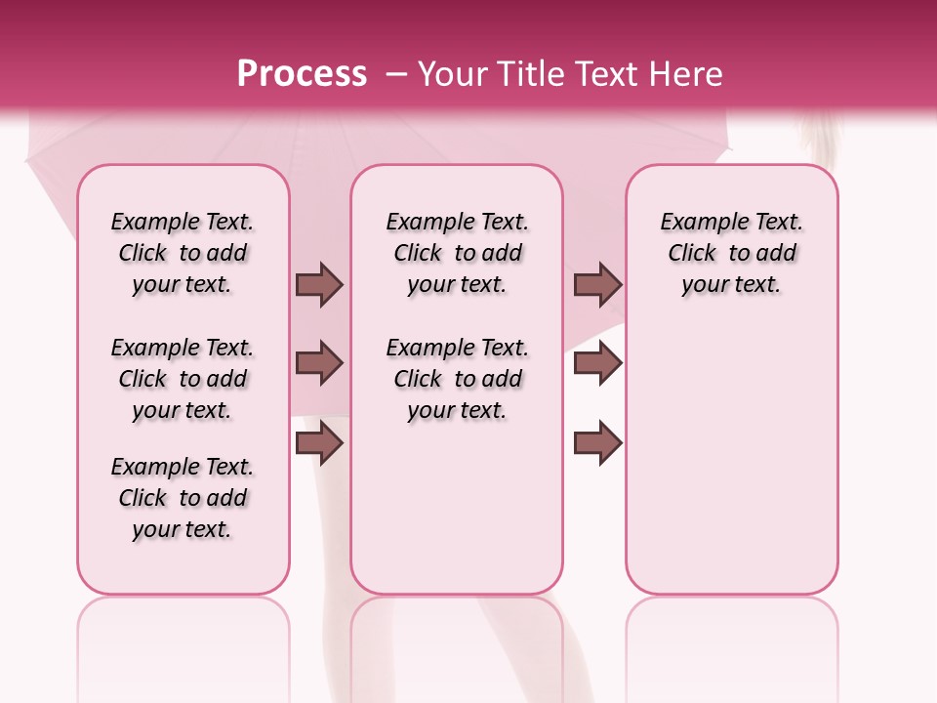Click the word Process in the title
pyautogui.click(x=302, y=74)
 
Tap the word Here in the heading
pyautogui.click(x=687, y=74)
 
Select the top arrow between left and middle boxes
pyautogui.click(x=319, y=284)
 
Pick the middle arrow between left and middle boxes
pyautogui.click(x=319, y=363)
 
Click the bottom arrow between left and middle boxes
pyautogui.click(x=319, y=443)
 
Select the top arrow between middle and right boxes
pyautogui.click(x=597, y=284)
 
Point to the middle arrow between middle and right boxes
pyautogui.click(x=597, y=363)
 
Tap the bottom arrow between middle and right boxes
pyautogui.click(x=597, y=443)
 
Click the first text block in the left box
pyautogui.click(x=183, y=253)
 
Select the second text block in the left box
pyautogui.click(x=183, y=379)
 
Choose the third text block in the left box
pyautogui.click(x=183, y=498)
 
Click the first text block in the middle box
pyautogui.click(x=457, y=253)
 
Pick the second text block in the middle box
pyautogui.click(x=457, y=379)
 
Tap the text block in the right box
pyautogui.click(x=731, y=253)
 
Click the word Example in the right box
pyautogui.click(x=696, y=223)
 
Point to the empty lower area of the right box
pyautogui.click(x=731, y=459)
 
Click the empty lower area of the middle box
pyautogui.click(x=457, y=508)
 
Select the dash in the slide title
pyautogui.click(x=396, y=74)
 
